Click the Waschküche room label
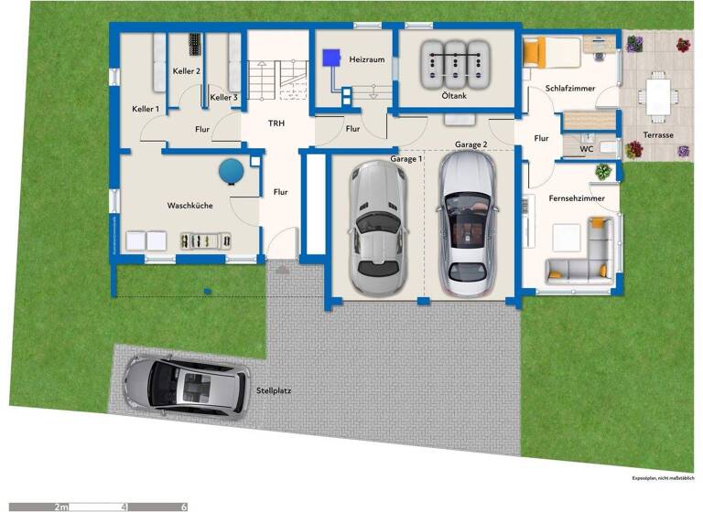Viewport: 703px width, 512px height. pos(189,206)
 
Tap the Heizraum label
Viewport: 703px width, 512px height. pos(365,59)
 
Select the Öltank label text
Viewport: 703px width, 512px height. pos(456,95)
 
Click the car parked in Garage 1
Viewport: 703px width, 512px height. pos(375,220)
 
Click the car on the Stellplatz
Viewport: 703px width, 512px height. pos(186,384)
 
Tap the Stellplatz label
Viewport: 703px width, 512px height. pos(275,391)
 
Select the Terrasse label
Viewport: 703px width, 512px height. pos(657,134)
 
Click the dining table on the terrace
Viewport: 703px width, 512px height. pos(658,95)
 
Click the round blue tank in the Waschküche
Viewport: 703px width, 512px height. pos(232,170)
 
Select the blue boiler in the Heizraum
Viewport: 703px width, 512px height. pos(330,57)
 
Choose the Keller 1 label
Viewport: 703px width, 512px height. pos(145,109)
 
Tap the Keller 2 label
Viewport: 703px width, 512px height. pos(186,70)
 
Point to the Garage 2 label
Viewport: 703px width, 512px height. pos(470,145)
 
